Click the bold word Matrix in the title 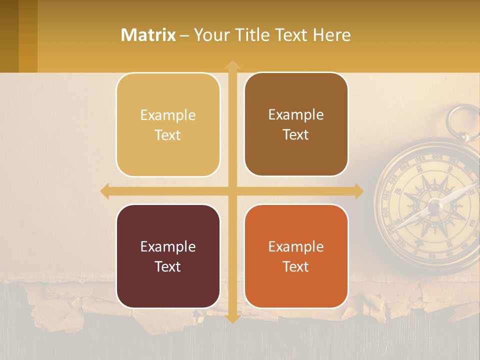click(148, 35)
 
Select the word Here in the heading click(332, 35)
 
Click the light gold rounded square click(168, 125)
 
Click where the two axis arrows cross click(232, 191)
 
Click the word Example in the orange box click(296, 246)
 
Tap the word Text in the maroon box click(168, 266)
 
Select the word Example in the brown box click(296, 114)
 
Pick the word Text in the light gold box click(168, 135)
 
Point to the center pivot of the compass click(434, 204)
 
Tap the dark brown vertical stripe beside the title click(9, 36)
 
